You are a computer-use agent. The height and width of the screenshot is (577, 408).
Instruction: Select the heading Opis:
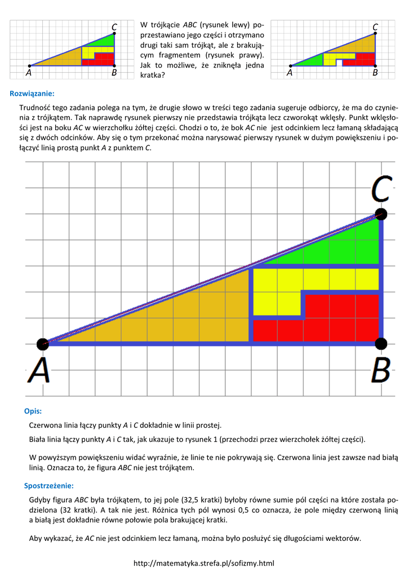pyautogui.click(x=33, y=411)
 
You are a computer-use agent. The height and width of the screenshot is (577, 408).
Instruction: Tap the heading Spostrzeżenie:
pyautogui.click(x=48, y=485)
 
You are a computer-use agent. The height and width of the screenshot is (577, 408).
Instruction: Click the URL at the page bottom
pyautogui.click(x=203, y=563)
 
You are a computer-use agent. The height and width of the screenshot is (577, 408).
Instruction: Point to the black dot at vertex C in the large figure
pyautogui.click(x=382, y=214)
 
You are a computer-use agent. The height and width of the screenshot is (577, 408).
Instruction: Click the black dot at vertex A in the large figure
pyautogui.click(x=42, y=344)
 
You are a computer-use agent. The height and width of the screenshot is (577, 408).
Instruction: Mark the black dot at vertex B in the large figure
pyautogui.click(x=381, y=343)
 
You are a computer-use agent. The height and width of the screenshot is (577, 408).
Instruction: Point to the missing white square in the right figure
pyautogui.click(x=339, y=63)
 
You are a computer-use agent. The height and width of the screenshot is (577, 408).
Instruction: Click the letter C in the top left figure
pyautogui.click(x=114, y=27)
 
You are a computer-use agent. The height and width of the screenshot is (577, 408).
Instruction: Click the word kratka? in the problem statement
pyautogui.click(x=152, y=74)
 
